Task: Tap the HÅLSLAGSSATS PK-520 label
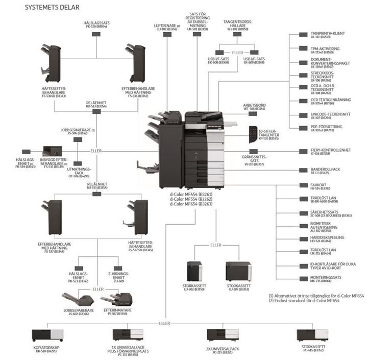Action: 97,25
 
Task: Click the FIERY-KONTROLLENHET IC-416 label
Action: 330,152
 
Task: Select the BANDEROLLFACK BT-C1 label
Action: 326,171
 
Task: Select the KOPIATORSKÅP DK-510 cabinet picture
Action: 47,334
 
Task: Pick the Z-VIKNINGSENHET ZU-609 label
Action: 118,279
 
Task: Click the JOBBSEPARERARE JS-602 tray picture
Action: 76,299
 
